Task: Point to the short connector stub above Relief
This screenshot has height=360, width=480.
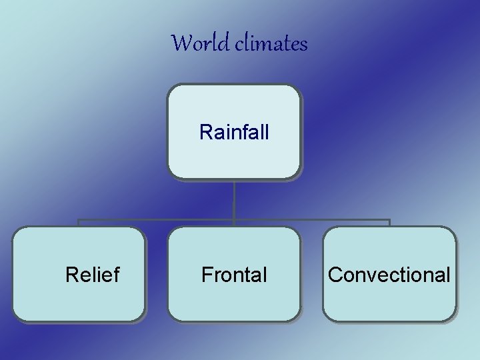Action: [79, 223]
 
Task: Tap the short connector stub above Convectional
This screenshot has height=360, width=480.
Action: [389, 223]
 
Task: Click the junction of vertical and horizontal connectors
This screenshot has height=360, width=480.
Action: [234, 219]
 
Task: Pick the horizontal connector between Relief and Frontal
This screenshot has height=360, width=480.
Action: [157, 219]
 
